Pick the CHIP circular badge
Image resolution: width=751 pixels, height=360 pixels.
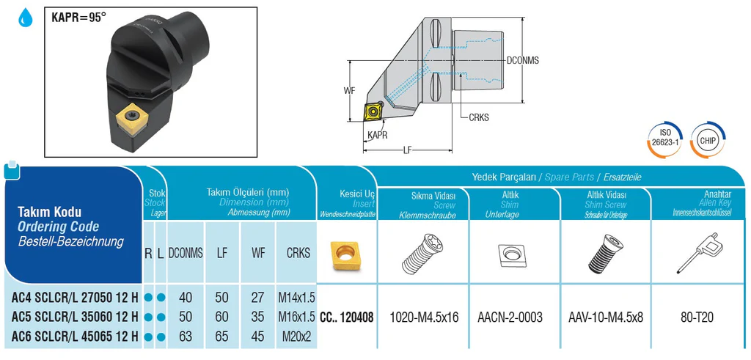(x=708, y=140)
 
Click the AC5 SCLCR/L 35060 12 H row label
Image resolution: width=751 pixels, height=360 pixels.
(x=75, y=317)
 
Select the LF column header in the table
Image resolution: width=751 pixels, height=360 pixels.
(x=221, y=253)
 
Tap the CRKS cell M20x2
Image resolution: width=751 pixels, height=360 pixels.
(x=297, y=337)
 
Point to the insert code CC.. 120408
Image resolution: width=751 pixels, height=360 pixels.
(x=346, y=317)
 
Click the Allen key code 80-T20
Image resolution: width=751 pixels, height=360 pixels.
(x=697, y=317)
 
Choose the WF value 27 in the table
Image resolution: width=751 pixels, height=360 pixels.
(x=258, y=297)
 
